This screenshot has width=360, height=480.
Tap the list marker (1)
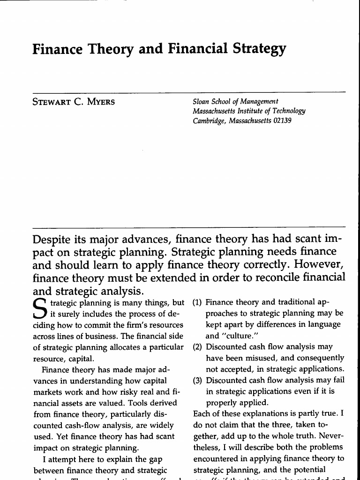tap(197, 302)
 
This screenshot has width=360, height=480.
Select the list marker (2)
tap(197, 347)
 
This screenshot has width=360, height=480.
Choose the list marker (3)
tap(197, 381)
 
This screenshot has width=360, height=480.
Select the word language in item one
tap(325, 324)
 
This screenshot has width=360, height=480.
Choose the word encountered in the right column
tap(215, 459)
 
